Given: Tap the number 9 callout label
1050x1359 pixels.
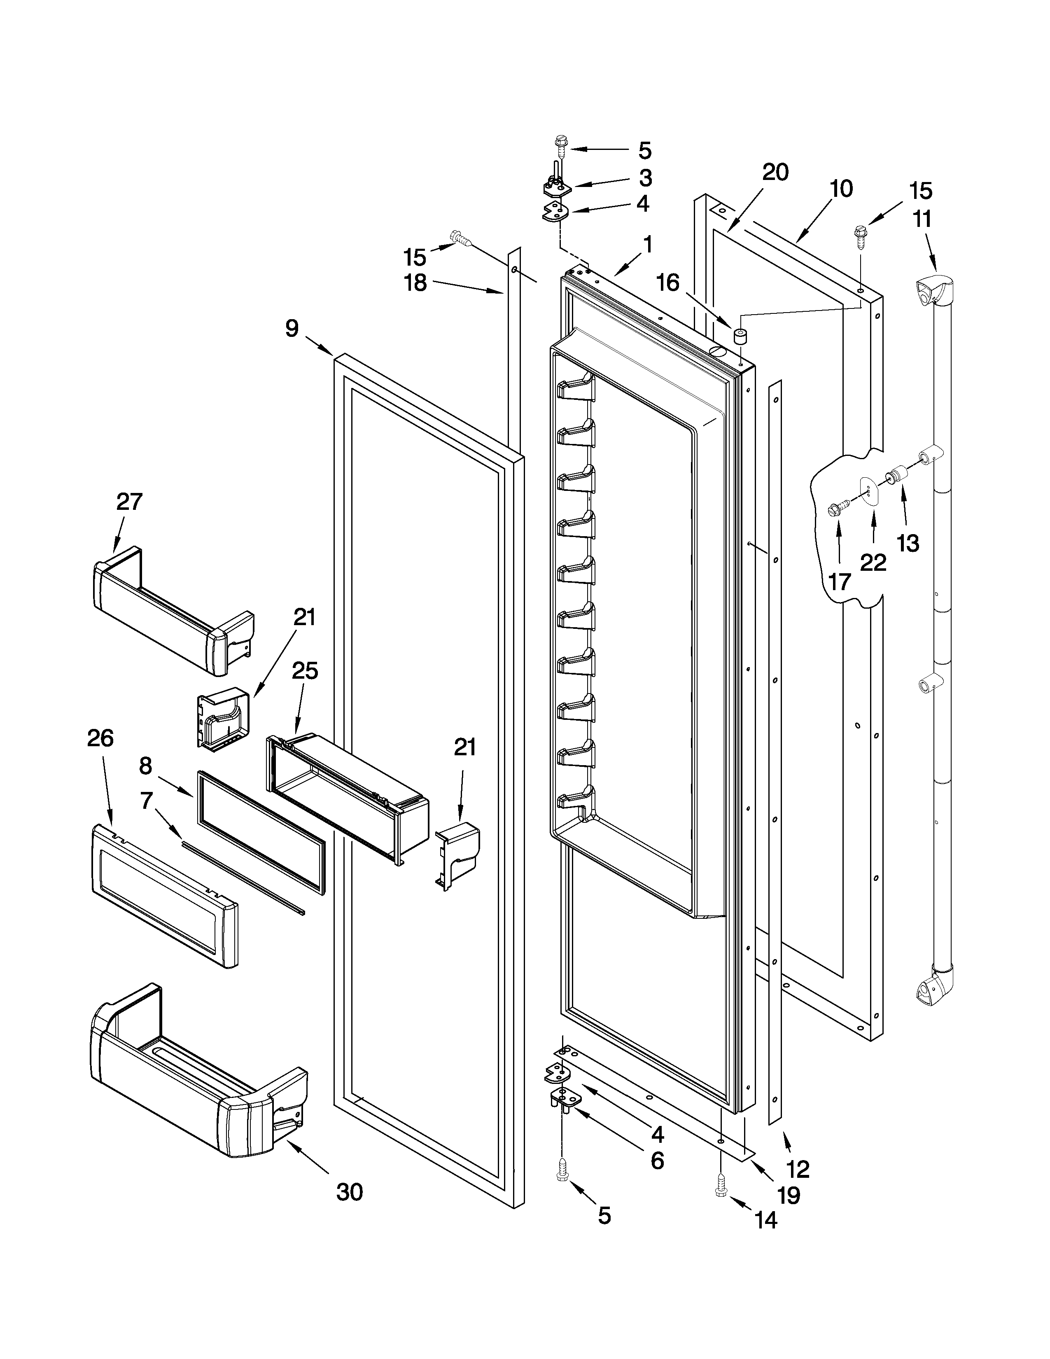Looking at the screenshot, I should (292, 328).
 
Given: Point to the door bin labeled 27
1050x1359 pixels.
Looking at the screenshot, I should (174, 611).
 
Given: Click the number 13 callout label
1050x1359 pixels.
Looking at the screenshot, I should (908, 543).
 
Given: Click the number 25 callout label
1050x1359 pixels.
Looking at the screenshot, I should (305, 671).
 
